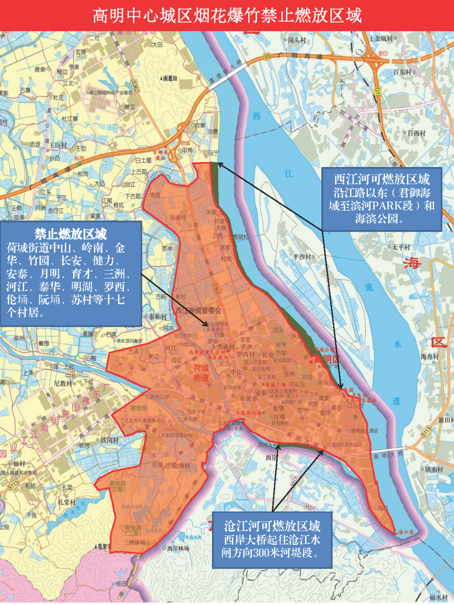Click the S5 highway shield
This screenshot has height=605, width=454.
pyautogui.click(x=267, y=57)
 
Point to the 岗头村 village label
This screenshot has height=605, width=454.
pyautogui.click(x=297, y=40)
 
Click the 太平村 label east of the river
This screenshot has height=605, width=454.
pyautogui.click(x=401, y=247)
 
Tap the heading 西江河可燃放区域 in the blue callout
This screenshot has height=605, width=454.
pyautogui.click(x=381, y=179)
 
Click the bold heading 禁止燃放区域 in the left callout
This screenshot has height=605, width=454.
pyautogui.click(x=71, y=234)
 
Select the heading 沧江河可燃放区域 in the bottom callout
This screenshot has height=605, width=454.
pyautogui.click(x=272, y=526)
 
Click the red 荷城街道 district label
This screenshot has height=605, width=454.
pyautogui.click(x=201, y=373)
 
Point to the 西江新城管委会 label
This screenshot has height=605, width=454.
pyautogui.click(x=198, y=310)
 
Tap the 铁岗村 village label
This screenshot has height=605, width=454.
pyautogui.click(x=109, y=440)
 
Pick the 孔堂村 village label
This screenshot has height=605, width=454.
pyautogui.click(x=67, y=502)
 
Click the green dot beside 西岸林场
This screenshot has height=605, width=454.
pyautogui.click(x=164, y=548)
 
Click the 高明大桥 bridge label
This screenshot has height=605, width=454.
pyautogui.click(x=389, y=454)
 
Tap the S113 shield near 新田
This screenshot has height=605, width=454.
pyautogui.click(x=426, y=433)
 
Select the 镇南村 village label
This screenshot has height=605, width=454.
pyautogui.click(x=434, y=469)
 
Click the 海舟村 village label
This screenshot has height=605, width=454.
pyautogui.click(x=429, y=356)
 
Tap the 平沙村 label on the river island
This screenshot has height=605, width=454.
pyautogui.click(x=302, y=257)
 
